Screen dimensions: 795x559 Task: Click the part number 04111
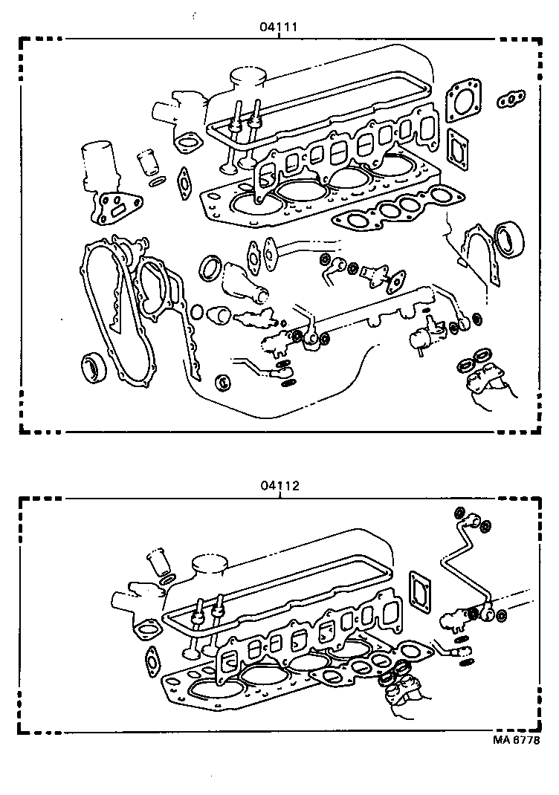[x=279, y=27]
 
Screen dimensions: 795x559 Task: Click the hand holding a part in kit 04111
[x=488, y=390]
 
